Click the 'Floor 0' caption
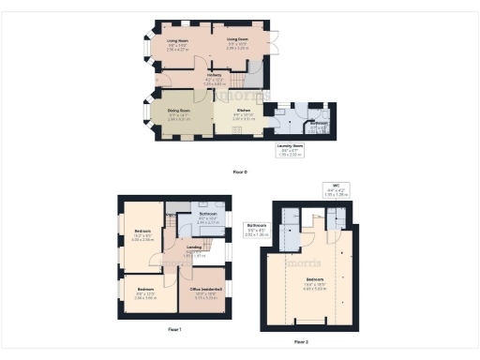[x=240, y=172]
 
